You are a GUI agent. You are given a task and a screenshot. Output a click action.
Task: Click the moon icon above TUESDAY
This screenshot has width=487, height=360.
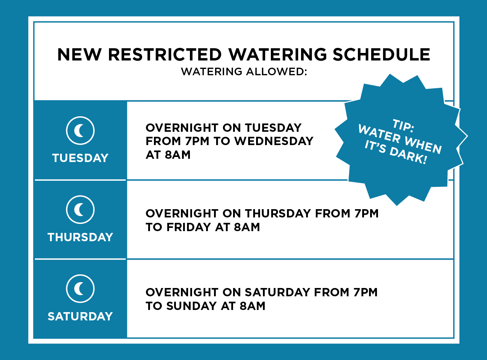80,131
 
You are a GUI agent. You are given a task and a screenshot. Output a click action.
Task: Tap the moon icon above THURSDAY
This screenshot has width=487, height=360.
80,210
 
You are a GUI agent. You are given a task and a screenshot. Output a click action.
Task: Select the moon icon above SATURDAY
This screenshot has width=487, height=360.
80,289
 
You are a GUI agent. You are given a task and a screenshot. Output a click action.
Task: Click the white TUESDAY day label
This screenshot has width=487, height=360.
80,158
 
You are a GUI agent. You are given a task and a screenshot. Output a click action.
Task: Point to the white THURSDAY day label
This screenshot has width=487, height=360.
80,237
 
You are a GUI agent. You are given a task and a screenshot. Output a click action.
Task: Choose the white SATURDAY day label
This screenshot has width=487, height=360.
80,316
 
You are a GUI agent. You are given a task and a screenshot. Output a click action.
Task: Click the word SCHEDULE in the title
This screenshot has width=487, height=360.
381,54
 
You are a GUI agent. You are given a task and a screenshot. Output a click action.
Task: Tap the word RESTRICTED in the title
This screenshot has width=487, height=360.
165,54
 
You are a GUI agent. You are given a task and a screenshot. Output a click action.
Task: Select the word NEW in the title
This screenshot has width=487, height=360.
79,54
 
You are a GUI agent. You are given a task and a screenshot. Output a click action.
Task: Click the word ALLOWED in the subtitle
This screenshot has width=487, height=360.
277,72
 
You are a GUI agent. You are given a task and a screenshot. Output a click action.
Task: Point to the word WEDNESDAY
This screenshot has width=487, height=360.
274,141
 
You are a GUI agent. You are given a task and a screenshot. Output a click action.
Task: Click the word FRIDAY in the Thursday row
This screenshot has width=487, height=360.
189,227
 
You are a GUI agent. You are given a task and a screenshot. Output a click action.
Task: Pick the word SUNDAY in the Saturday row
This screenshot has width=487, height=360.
192,306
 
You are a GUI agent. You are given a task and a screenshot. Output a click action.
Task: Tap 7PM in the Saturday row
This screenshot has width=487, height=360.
365,292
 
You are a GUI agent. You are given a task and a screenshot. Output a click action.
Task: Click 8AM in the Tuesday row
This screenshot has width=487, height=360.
178,155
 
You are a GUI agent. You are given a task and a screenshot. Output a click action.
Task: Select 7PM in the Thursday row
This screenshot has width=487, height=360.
367,213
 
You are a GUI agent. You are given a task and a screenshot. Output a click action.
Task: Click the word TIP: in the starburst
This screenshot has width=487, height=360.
403,126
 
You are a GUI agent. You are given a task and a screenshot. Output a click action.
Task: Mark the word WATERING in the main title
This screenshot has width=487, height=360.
278,54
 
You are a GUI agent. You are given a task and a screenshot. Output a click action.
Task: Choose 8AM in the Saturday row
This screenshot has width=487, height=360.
252,306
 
